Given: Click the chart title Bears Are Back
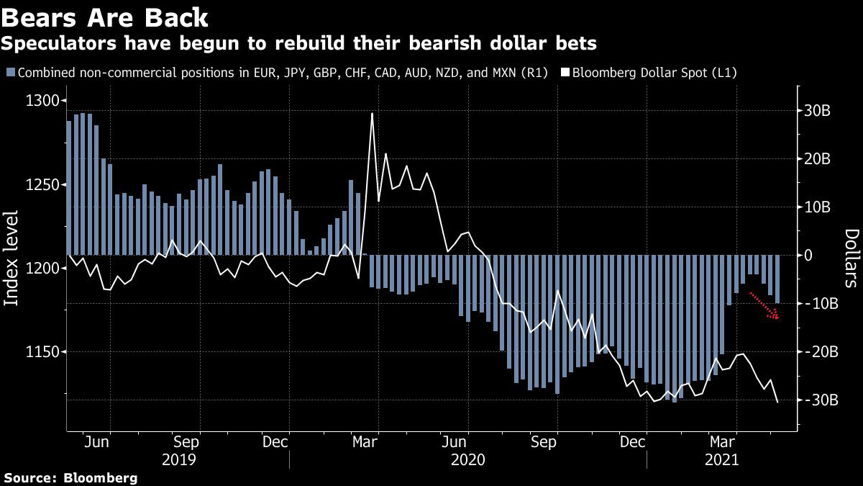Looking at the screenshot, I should coord(106,17).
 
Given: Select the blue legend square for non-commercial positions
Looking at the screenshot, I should coord(9,73).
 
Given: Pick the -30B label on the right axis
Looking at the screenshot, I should coord(817,400).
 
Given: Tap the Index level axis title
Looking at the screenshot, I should coord(12,258).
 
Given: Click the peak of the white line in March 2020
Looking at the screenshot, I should coord(372,114).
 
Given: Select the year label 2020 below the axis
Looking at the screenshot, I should coord(467,459).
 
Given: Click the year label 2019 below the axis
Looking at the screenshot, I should coord(177,459).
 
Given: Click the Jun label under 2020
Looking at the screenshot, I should coord(456,442).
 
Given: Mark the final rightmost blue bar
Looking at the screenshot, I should coord(777,279).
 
